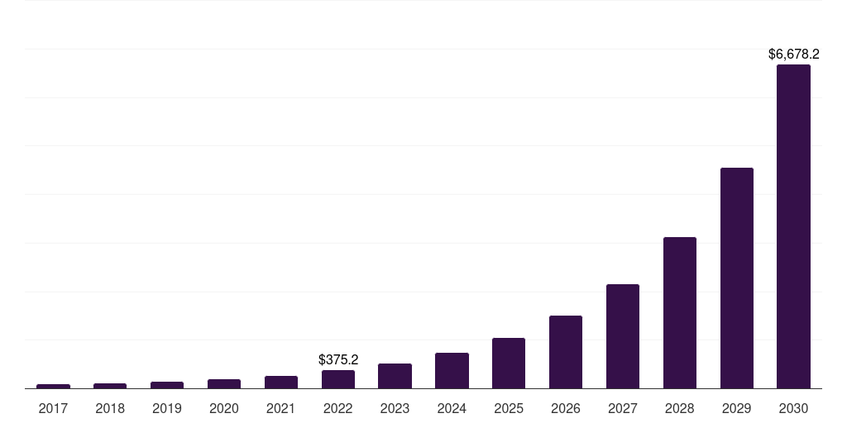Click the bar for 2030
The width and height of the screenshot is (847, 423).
tap(793, 226)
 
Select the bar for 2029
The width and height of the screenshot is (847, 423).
tap(736, 278)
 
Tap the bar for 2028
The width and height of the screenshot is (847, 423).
tap(679, 312)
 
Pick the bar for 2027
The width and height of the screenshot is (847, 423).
tap(622, 336)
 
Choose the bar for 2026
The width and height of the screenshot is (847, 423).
tap(566, 352)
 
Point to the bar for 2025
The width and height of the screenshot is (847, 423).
tap(509, 363)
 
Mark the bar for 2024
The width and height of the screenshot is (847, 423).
tap(452, 370)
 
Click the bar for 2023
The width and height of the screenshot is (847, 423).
tap(395, 376)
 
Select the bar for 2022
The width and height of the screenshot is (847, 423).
tap(337, 379)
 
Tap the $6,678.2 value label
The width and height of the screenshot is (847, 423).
tap(793, 55)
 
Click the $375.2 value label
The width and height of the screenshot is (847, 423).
tap(337, 360)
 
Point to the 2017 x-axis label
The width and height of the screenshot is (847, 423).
tap(53, 408)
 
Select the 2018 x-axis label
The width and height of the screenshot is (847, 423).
tap(110, 408)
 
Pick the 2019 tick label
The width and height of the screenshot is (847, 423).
tap(167, 408)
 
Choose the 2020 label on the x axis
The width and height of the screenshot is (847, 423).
tap(224, 408)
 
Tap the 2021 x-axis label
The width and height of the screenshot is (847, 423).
tap(281, 408)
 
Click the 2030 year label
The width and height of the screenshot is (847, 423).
tap(793, 408)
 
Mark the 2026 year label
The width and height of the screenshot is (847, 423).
tap(566, 408)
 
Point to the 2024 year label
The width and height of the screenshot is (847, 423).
tap(452, 408)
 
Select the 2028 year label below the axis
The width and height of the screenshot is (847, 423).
tap(679, 408)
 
